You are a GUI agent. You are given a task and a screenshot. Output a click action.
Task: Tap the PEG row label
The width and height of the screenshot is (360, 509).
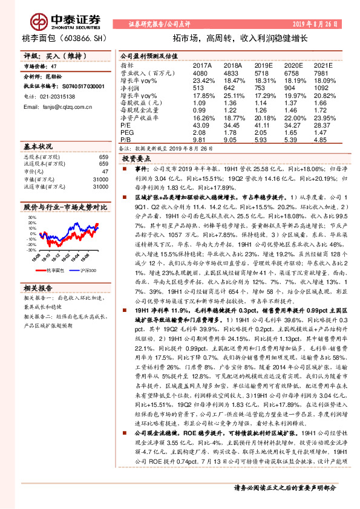point(126,132)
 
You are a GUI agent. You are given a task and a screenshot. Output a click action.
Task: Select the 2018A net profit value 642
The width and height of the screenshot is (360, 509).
point(231,87)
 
